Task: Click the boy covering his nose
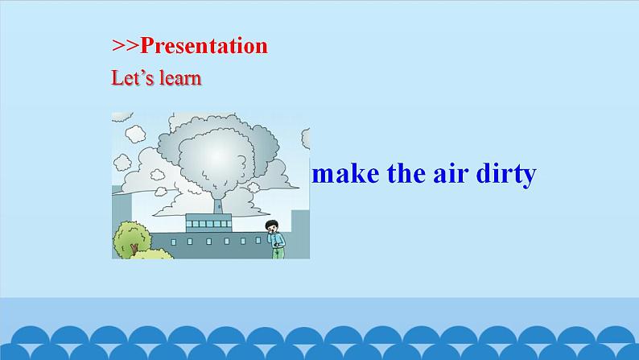tap(275, 238)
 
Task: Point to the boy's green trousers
tap(278, 251)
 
